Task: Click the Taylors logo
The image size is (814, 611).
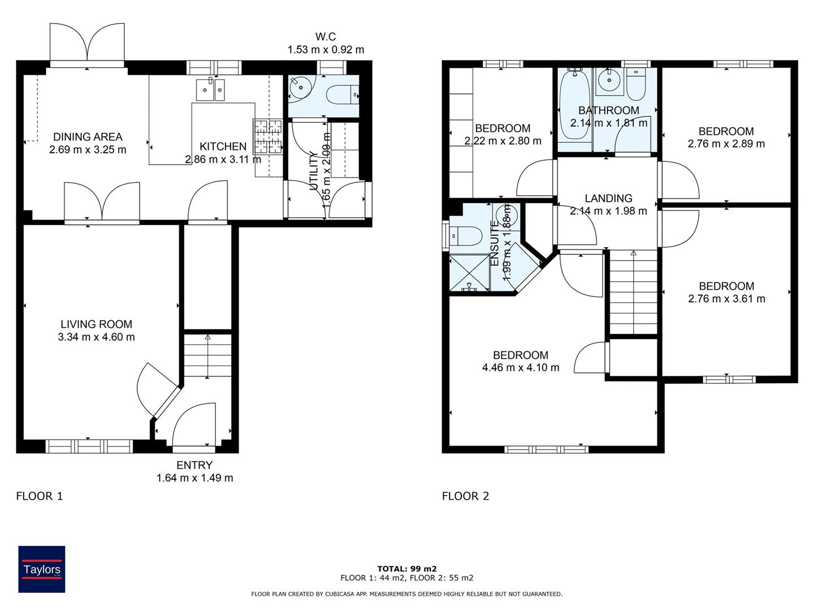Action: (x=42, y=569)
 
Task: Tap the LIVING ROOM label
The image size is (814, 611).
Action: (x=96, y=324)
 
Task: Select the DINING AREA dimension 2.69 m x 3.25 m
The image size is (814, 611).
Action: (x=88, y=150)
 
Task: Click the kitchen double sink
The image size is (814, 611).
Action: (x=210, y=90)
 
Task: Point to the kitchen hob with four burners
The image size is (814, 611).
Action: (x=267, y=137)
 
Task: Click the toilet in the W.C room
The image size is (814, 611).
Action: (x=343, y=94)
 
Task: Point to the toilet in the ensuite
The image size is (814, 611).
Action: (x=465, y=235)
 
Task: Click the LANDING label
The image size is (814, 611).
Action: (x=608, y=198)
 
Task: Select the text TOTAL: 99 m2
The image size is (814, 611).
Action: (x=407, y=569)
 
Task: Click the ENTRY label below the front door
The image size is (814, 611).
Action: (x=194, y=465)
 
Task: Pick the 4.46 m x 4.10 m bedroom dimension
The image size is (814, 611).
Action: (x=521, y=368)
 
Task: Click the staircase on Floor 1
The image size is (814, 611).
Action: (x=207, y=356)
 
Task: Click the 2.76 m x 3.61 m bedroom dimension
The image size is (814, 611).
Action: (x=726, y=299)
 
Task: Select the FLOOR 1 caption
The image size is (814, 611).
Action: (x=40, y=496)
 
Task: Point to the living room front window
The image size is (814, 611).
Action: (x=89, y=446)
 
